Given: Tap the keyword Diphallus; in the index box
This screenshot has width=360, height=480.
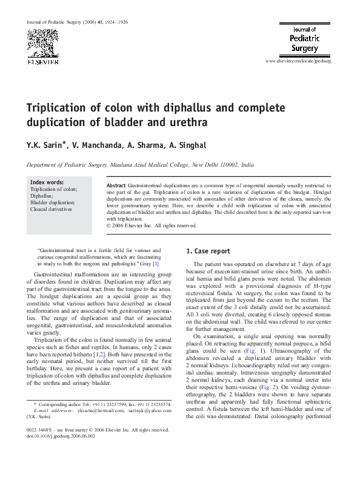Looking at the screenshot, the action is tap(42, 196).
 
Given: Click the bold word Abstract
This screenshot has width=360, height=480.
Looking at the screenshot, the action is tap(116, 184).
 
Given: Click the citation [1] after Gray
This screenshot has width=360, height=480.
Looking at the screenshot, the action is tap(156, 264).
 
